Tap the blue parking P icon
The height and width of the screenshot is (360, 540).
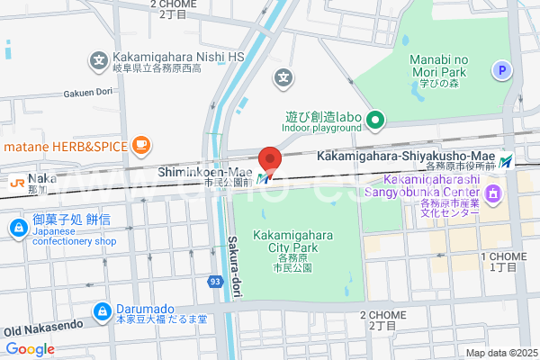tap(501, 69)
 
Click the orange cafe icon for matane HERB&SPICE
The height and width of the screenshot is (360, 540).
tap(140, 144)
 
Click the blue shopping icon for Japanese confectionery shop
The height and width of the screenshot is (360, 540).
tap(17, 229)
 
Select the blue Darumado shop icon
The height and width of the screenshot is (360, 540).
tap(101, 312)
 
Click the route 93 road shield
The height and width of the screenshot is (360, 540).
tap(215, 282)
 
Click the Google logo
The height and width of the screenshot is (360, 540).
tap(30, 349)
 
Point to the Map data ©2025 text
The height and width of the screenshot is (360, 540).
tap(500, 352)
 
